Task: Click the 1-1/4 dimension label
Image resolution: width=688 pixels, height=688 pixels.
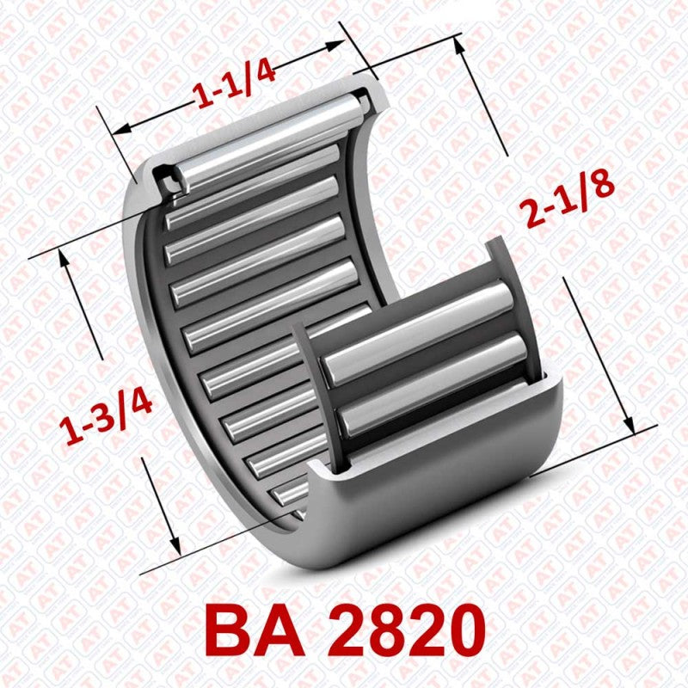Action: pyautogui.click(x=235, y=84)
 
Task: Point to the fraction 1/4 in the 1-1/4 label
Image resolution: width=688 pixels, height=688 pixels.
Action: pyautogui.click(x=255, y=77)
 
